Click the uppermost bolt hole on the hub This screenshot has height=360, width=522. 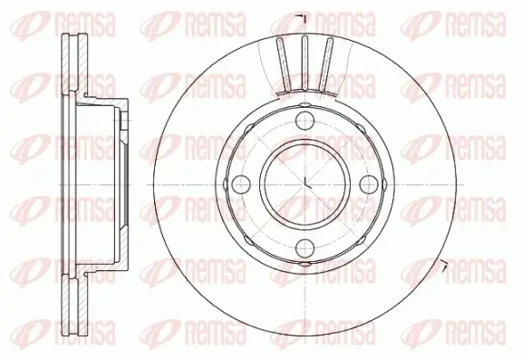pyautogui.click(x=305, y=121)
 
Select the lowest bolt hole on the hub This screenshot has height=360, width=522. pyautogui.click(x=305, y=248)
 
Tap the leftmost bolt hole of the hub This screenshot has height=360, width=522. pyautogui.click(x=241, y=184)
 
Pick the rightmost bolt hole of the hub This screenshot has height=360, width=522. pyautogui.click(x=369, y=184)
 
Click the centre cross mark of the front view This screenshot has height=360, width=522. pyautogui.click(x=306, y=184)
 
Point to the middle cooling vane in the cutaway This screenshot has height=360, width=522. pyautogui.click(x=304, y=63)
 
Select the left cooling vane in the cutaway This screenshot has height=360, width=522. pyautogui.click(x=284, y=64)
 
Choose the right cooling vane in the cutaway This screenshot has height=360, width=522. pyautogui.click(x=325, y=64)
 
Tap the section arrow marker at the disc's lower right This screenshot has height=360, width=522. pyautogui.click(x=444, y=265)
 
